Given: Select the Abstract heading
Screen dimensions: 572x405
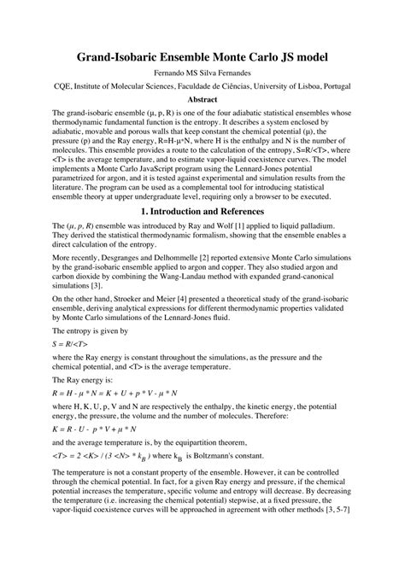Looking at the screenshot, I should tap(202, 99).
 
